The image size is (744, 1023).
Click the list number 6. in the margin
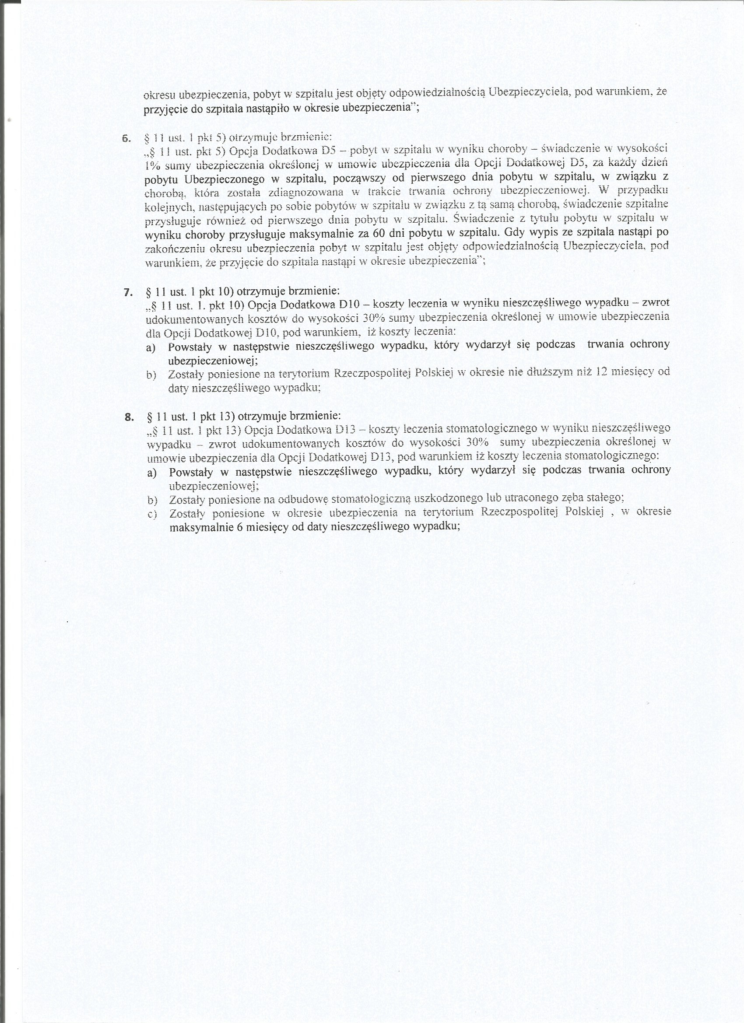click(126, 138)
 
